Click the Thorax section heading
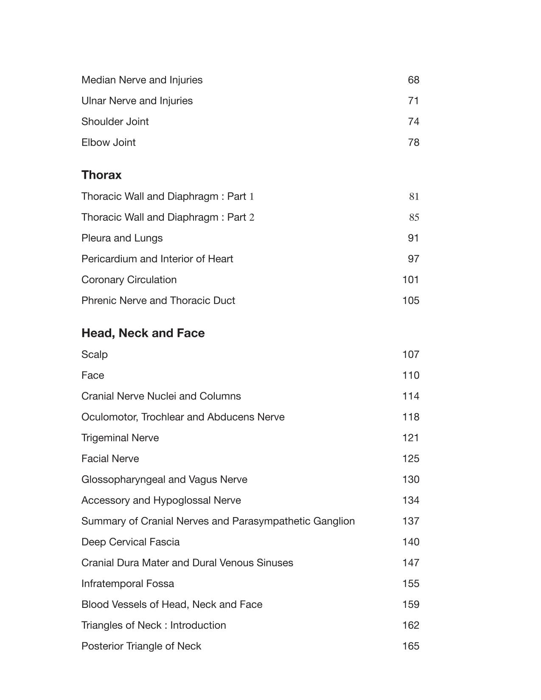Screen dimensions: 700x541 pyautogui.click(x=101, y=175)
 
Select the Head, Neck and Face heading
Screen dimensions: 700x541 pyautogui.click(x=143, y=333)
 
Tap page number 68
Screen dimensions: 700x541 pyautogui.click(x=413, y=80)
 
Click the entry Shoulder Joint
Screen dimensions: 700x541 pyautogui.click(x=115, y=121)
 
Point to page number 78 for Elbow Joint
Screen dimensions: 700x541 pyautogui.click(x=413, y=142)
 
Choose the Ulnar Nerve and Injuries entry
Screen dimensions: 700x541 pyautogui.click(x=137, y=101)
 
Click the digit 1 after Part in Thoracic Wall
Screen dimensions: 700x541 pyautogui.click(x=252, y=197)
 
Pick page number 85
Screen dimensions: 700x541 pyautogui.click(x=414, y=217)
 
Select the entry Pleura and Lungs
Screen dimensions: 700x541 pyautogui.click(x=122, y=238)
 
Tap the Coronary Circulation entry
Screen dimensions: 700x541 pyautogui.click(x=129, y=280)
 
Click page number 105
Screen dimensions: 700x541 pyautogui.click(x=410, y=301)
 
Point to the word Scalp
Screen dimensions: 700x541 pyautogui.click(x=95, y=354)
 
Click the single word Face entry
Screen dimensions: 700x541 pyautogui.click(x=93, y=375)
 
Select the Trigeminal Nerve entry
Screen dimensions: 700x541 pyautogui.click(x=120, y=438)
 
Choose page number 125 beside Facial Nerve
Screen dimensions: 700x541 pyautogui.click(x=410, y=458)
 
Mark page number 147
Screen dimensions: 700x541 pyautogui.click(x=410, y=563)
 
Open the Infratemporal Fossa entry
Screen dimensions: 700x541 pyautogui.click(x=128, y=584)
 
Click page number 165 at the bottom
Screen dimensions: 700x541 pyautogui.click(x=410, y=646)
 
